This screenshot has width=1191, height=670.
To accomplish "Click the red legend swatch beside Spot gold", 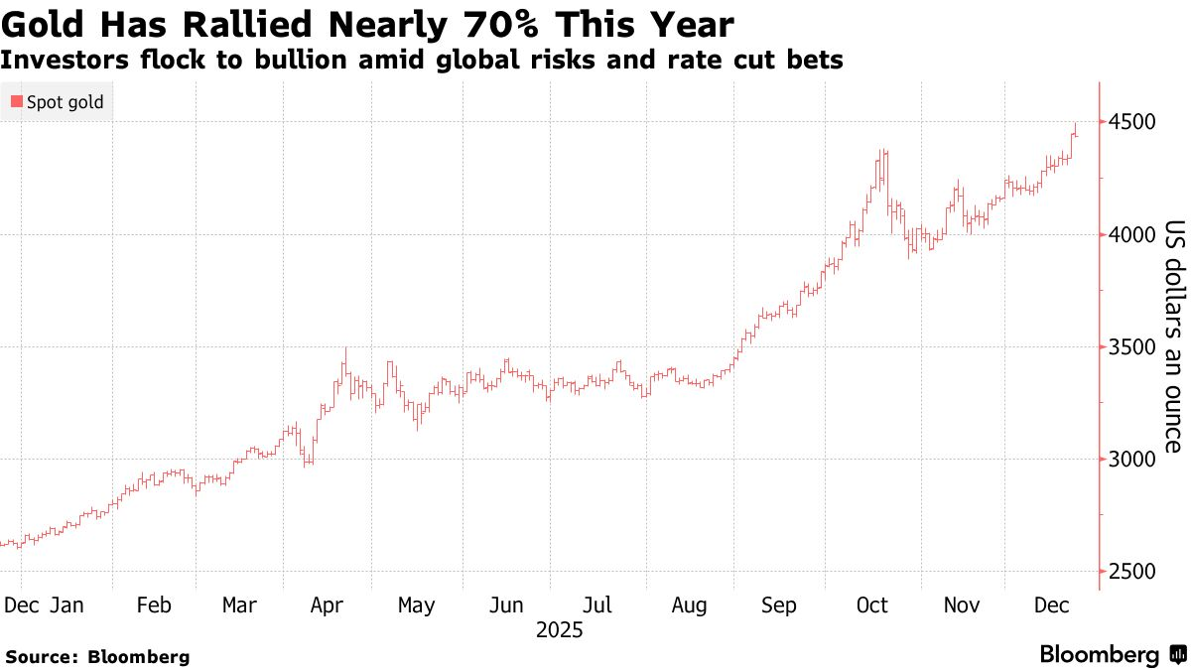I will [x=17, y=102].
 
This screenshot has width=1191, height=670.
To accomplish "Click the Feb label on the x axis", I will [x=154, y=605].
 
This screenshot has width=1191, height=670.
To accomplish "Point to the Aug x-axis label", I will [x=689, y=605].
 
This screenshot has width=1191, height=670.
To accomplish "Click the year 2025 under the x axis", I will [x=559, y=630].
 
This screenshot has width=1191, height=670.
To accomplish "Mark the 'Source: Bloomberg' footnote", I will [x=97, y=656].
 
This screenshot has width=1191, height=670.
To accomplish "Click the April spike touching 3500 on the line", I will [x=345, y=349].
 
